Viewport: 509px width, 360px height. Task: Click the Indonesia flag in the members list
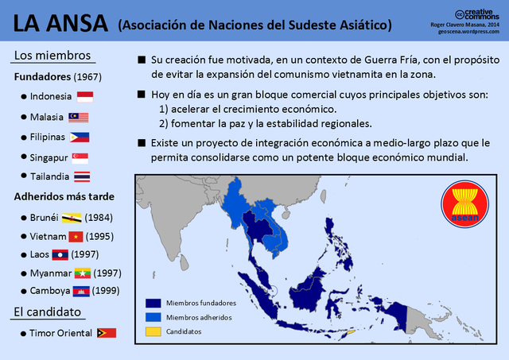[x=85, y=97]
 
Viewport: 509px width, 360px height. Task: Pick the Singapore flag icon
[x=80, y=157]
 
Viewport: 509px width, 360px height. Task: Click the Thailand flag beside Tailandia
[x=82, y=176]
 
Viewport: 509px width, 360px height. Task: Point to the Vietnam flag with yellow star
[x=76, y=236]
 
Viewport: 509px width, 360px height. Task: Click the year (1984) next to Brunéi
[x=99, y=217]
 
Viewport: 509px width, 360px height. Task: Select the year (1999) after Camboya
[x=106, y=291]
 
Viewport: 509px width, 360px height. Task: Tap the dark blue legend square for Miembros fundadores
[x=153, y=303]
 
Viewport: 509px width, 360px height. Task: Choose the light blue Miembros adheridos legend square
[x=153, y=317]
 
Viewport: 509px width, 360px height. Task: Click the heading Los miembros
[x=52, y=56]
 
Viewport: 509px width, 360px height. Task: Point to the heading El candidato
[x=49, y=311]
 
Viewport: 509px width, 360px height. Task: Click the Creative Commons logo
[x=477, y=14]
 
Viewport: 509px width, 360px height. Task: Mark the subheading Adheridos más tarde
[x=64, y=196]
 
